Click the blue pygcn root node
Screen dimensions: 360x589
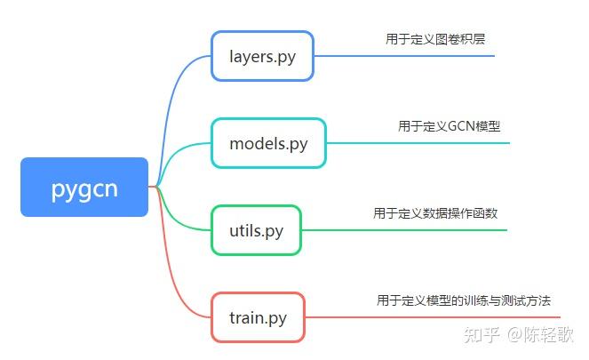pyautogui.click(x=84, y=187)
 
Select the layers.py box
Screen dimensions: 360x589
pyautogui.click(x=262, y=56)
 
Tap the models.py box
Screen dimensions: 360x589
pyautogui.click(x=268, y=142)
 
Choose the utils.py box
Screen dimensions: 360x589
pyautogui.click(x=256, y=229)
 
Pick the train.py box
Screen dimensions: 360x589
pyautogui.click(x=258, y=316)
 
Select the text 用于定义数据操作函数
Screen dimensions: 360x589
pyautogui.click(x=441, y=213)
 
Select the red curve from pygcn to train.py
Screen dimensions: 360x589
pyautogui.click(x=173, y=276)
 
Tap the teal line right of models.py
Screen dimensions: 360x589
pyautogui.click(x=418, y=142)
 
